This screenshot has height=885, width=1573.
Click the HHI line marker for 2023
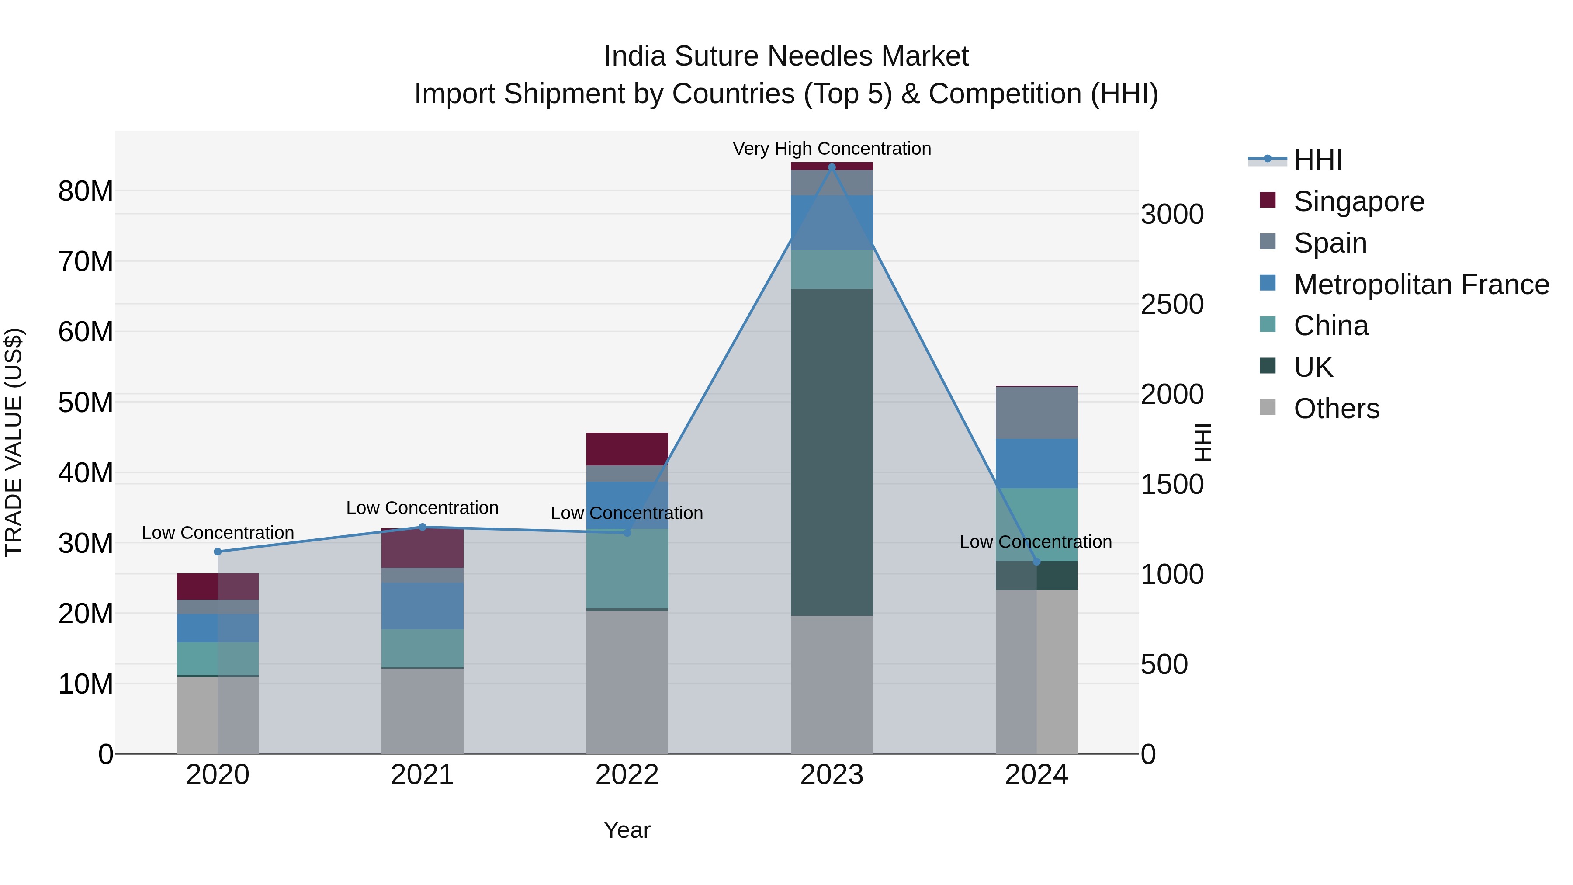click(x=831, y=167)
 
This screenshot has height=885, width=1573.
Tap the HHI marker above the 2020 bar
click(x=218, y=552)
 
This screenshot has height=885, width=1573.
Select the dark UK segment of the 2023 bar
click(x=831, y=452)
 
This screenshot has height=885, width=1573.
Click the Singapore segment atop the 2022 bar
click(x=627, y=449)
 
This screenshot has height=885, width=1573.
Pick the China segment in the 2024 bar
click(x=1036, y=524)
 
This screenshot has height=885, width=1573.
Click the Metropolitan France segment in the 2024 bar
click(x=1036, y=463)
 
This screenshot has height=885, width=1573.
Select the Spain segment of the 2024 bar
click(x=1036, y=413)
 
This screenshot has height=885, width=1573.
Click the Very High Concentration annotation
click(x=831, y=149)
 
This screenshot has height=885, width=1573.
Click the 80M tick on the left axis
click(x=86, y=191)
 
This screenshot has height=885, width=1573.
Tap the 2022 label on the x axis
click(x=627, y=775)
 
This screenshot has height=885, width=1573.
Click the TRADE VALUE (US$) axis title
click(x=14, y=442)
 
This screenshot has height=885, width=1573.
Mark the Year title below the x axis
click(x=627, y=830)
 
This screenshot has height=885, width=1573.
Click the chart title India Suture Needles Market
click(x=786, y=56)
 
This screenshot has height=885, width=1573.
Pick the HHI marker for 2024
click(x=1036, y=561)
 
